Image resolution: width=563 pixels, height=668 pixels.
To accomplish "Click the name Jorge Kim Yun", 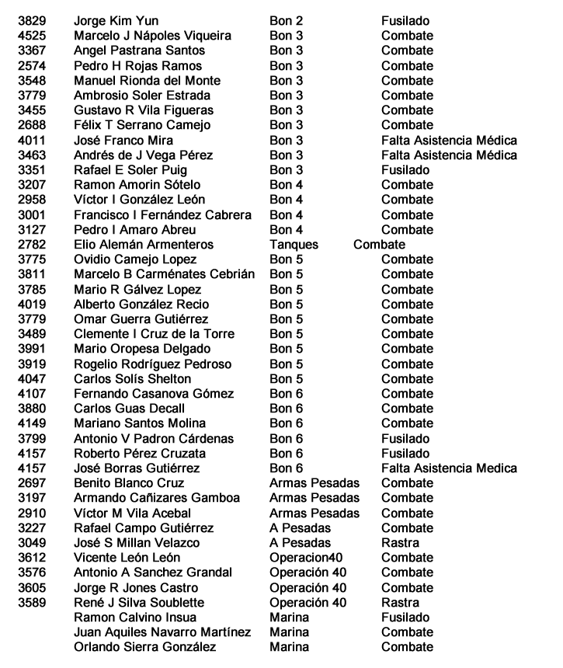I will (x=116, y=22).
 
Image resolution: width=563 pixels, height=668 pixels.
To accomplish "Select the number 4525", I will (x=31, y=37).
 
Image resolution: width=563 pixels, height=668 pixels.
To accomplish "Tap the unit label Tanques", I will (x=294, y=245).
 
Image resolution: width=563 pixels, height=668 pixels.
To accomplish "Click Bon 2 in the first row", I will (x=286, y=22).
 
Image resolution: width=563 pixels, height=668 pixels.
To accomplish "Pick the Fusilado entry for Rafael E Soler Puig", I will (x=405, y=170).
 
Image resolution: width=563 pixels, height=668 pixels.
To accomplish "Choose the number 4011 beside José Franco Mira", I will (x=31, y=141).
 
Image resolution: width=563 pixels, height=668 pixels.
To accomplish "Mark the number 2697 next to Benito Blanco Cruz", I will (x=31, y=482).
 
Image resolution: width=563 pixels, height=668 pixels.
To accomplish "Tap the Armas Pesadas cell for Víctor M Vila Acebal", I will (x=315, y=513).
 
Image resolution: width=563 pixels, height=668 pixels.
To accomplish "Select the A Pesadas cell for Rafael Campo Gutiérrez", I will (x=300, y=527).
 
